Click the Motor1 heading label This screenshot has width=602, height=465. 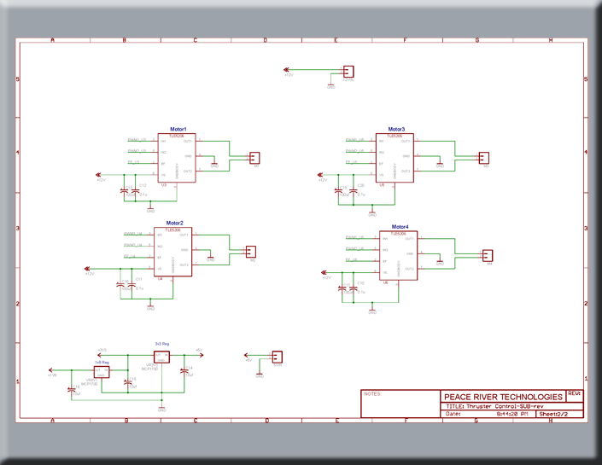coord(178,129)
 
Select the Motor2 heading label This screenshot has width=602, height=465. coord(174,223)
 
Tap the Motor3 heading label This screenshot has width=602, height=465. coord(397,129)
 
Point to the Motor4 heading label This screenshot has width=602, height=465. coord(400,227)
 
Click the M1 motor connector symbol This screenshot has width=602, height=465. coord(254,158)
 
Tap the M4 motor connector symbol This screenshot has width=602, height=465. coord(488,255)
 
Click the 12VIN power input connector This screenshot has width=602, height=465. coord(348,72)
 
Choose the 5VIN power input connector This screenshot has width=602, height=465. coord(276,357)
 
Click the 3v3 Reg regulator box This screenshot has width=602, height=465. coord(161,356)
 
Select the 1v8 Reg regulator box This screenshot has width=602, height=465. coord(102,371)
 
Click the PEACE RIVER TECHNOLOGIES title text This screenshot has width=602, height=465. coord(503,397)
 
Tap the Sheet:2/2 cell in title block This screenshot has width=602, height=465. coord(560,414)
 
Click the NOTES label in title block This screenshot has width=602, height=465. coord(372,394)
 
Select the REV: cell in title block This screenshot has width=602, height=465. coord(574,394)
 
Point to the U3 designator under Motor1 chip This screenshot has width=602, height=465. coord(163,183)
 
